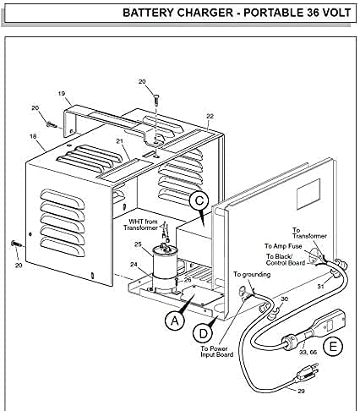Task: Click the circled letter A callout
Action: [x=175, y=321]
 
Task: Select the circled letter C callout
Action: [x=199, y=200]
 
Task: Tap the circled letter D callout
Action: [x=203, y=333]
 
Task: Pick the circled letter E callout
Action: [x=333, y=346]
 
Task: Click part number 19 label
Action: [x=62, y=93]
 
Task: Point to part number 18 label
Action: [x=33, y=136]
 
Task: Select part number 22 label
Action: [x=210, y=116]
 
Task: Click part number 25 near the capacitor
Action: [x=138, y=244]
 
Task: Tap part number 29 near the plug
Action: [x=301, y=391]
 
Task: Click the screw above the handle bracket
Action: [x=155, y=101]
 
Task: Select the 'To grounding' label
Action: [x=252, y=274]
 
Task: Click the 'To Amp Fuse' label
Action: [x=283, y=246]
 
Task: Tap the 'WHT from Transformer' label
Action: [x=140, y=224]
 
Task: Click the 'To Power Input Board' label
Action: [x=217, y=352]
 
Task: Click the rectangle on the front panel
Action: [x=308, y=195]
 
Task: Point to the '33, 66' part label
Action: [x=308, y=352]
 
